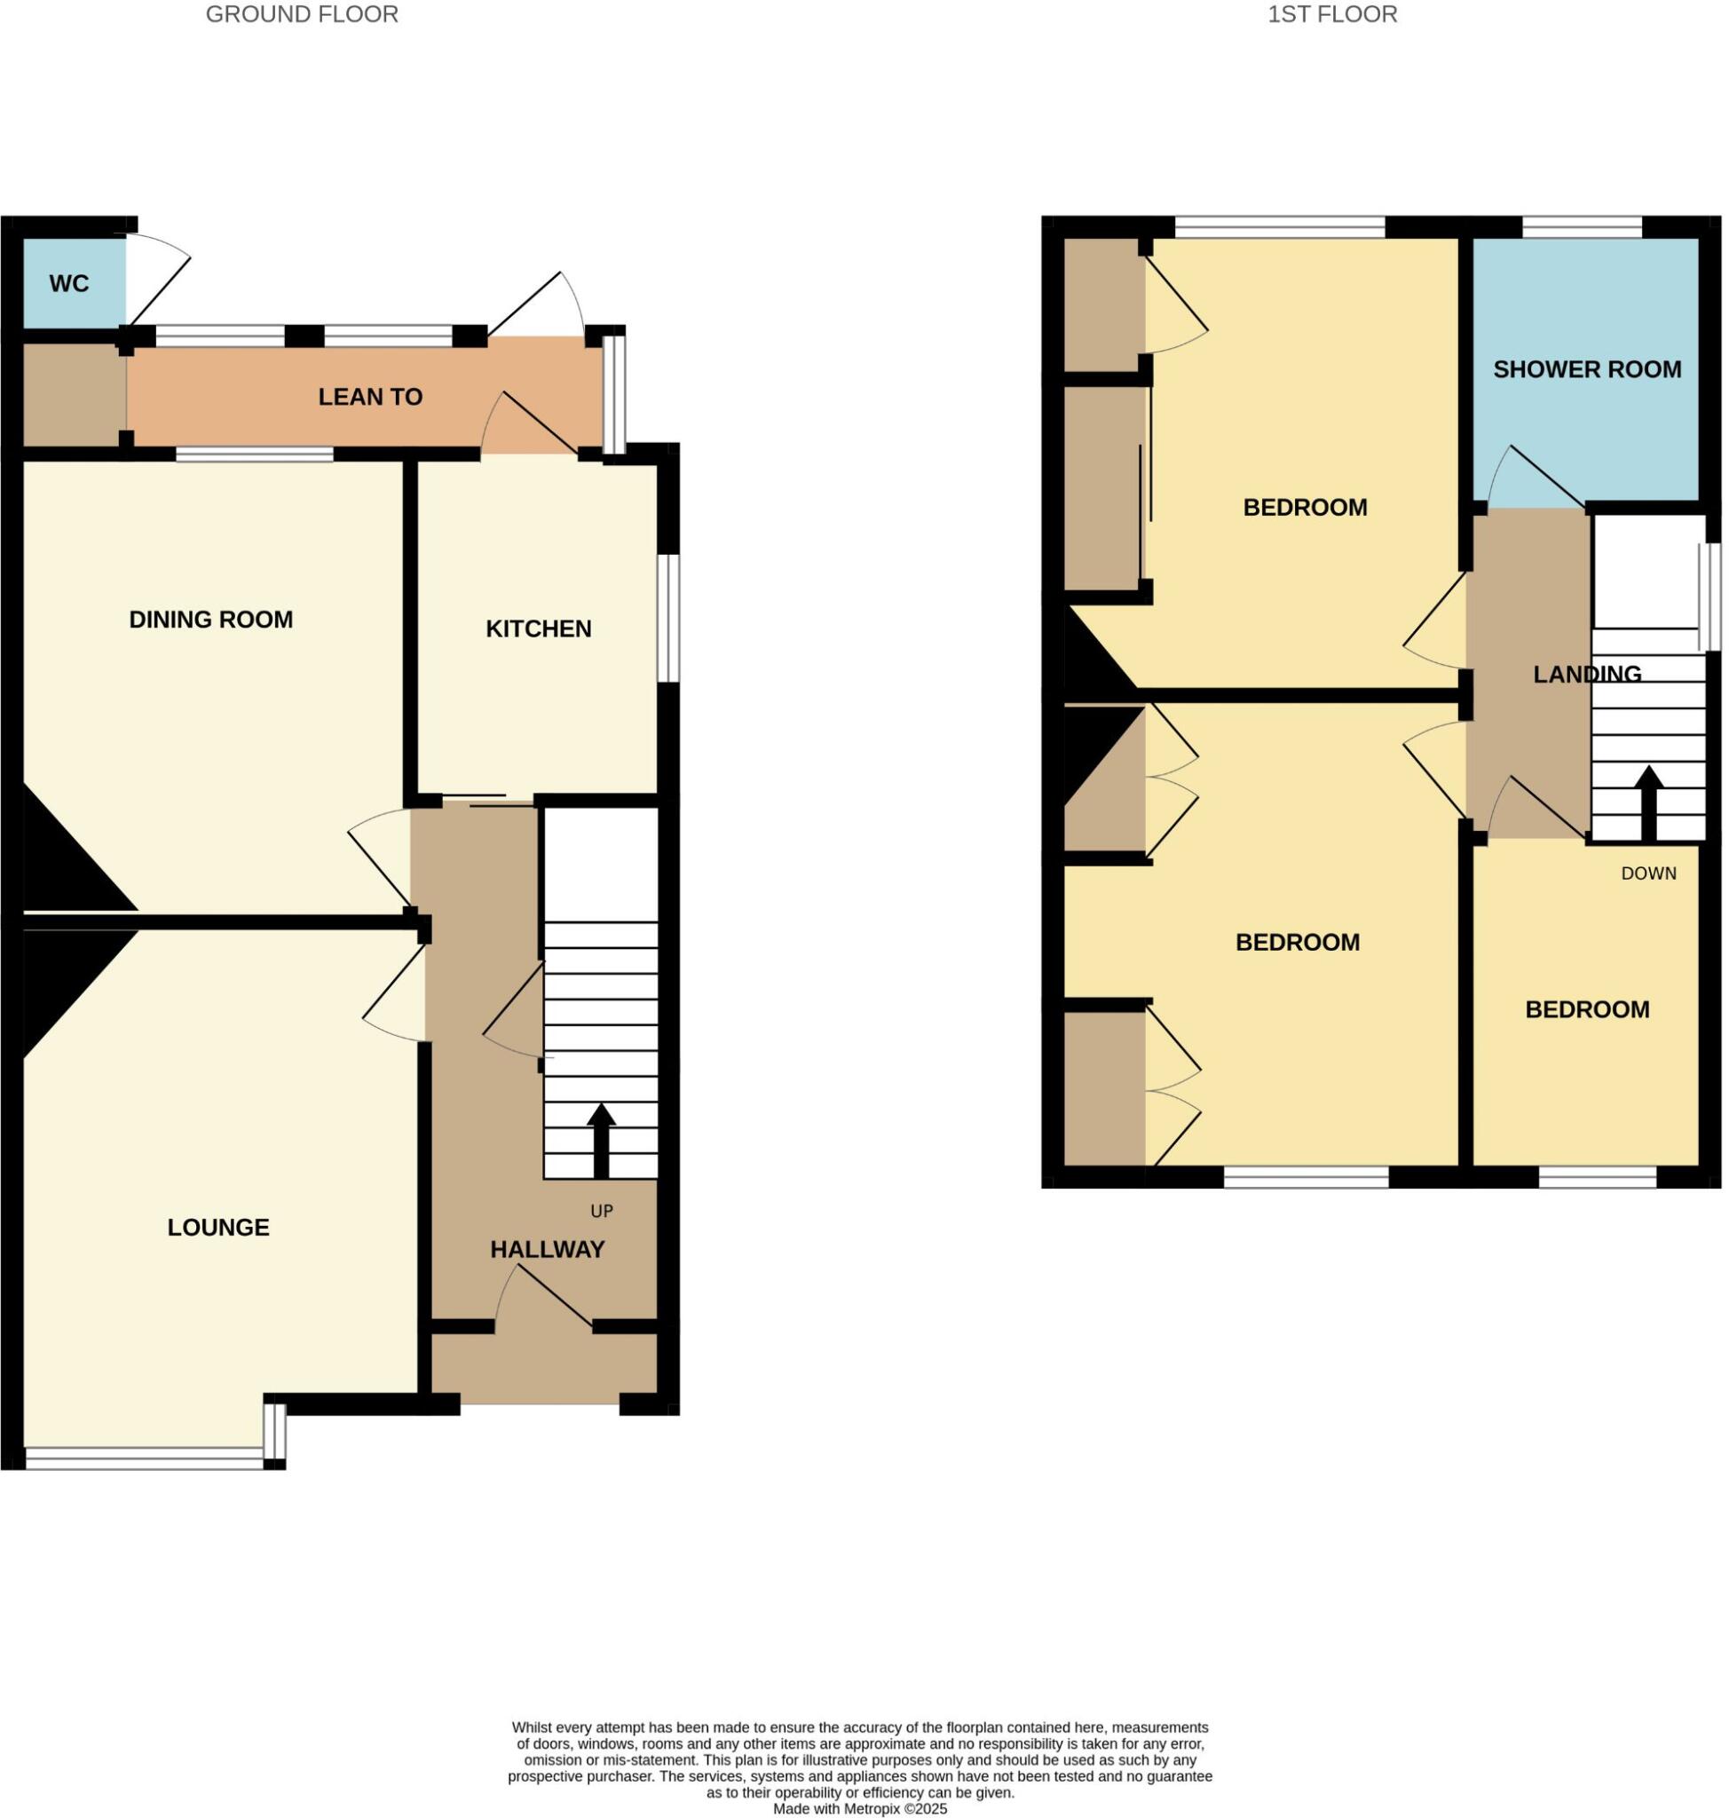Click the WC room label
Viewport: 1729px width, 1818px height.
pos(69,284)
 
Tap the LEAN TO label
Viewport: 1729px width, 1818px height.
pos(370,398)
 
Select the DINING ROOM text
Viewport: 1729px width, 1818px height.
pos(211,620)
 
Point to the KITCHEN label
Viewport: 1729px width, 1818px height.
pos(539,629)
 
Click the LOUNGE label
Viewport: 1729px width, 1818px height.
pos(218,1228)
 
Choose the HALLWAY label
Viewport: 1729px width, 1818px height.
pos(549,1250)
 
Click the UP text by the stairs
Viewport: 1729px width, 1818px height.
pos(602,1212)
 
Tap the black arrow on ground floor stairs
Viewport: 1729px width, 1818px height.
pos(602,1142)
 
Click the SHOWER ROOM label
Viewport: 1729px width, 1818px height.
pos(1588,369)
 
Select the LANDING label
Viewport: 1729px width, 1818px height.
pos(1588,675)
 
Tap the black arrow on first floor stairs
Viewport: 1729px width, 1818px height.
pos(1650,802)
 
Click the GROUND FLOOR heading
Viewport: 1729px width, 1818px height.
pos(303,15)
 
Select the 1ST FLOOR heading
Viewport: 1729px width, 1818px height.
pos(1332,15)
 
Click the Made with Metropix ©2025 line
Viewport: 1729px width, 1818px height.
pos(860,1810)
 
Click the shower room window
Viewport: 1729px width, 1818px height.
pos(1583,226)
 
